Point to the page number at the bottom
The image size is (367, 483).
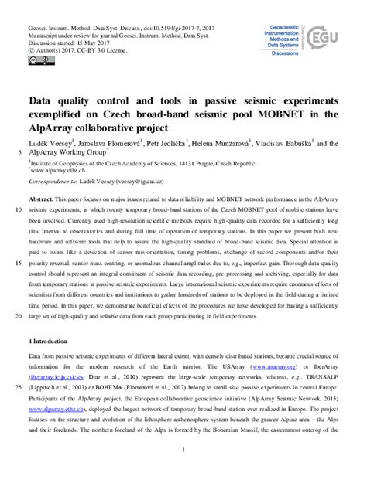pos(183,451)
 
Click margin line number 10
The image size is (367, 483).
pos(18,210)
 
